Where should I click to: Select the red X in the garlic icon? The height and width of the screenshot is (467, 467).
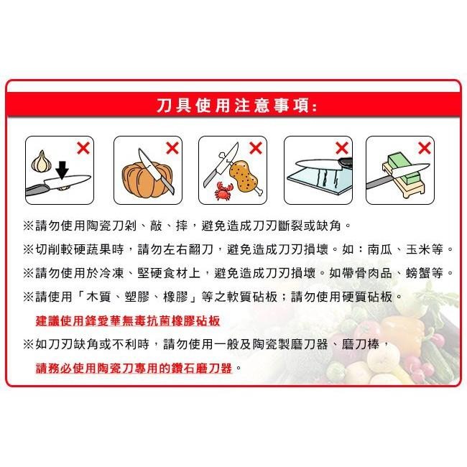[83, 149]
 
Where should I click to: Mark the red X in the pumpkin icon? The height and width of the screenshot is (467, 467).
[172, 149]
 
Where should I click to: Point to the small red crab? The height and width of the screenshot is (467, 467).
[223, 191]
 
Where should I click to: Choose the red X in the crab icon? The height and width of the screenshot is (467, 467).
[255, 149]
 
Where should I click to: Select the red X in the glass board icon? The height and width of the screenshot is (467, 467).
[341, 149]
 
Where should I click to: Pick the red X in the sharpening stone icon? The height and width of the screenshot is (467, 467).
[424, 149]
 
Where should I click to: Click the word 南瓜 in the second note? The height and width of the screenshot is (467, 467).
[383, 249]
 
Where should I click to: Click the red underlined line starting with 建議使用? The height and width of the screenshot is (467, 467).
[127, 320]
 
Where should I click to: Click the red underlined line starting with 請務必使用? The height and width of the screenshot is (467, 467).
[134, 367]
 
